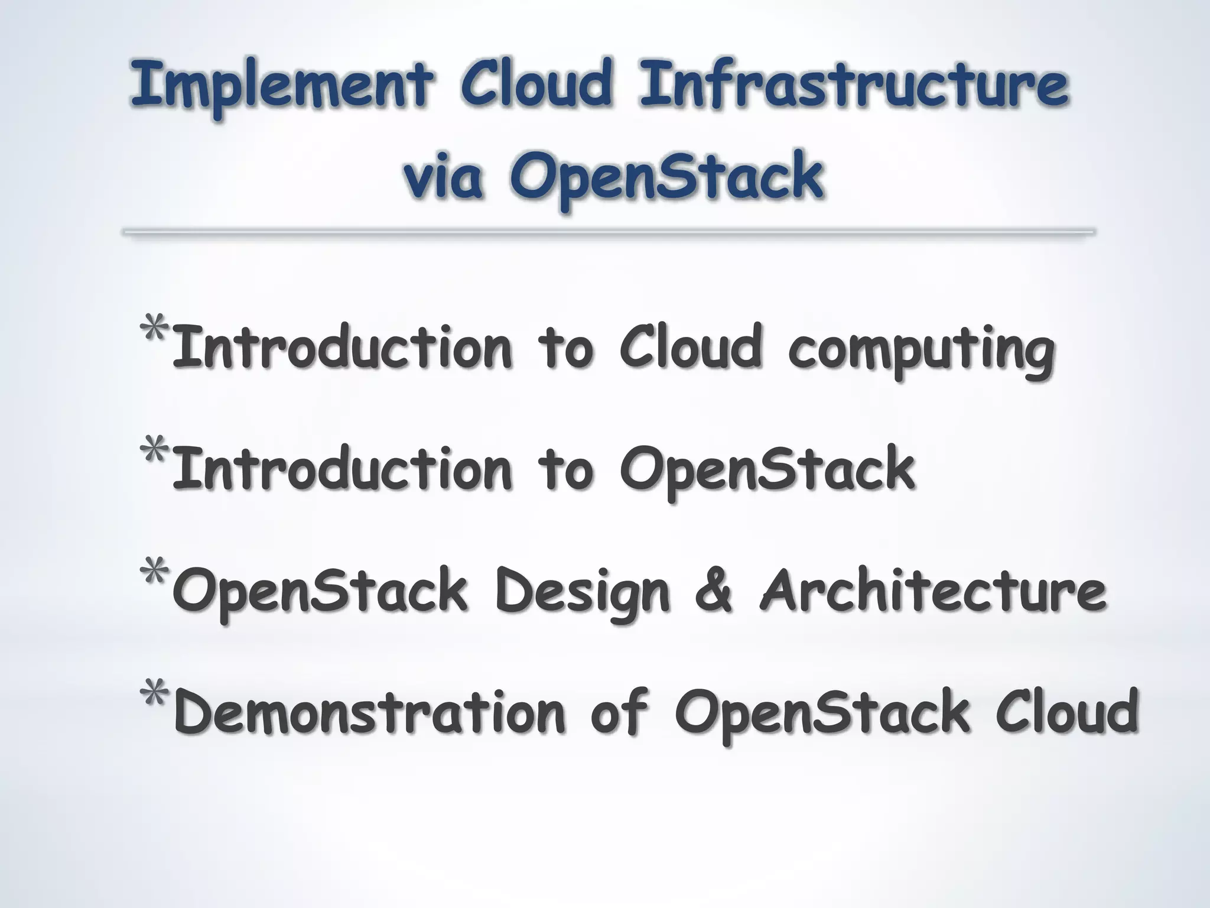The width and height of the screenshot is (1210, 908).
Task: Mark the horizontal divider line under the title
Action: (609, 232)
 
